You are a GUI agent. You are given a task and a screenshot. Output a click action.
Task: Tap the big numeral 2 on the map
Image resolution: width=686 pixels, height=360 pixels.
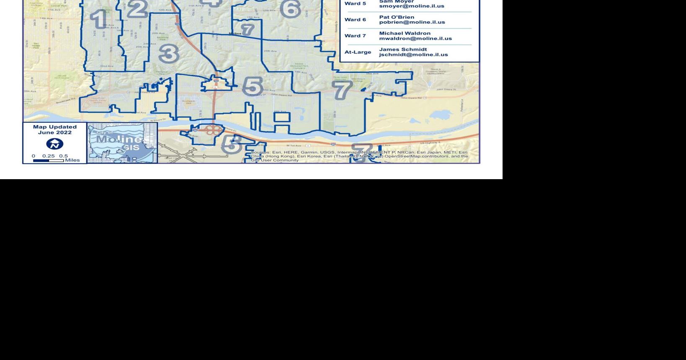137,9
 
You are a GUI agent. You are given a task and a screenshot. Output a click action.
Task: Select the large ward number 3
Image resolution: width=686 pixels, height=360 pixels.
169,54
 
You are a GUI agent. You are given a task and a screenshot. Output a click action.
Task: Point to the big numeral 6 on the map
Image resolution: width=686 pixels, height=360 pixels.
290,9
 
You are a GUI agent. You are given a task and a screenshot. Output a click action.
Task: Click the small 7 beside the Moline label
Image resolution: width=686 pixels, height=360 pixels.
248,30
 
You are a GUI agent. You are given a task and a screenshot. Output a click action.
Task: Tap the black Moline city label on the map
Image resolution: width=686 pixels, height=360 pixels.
235,33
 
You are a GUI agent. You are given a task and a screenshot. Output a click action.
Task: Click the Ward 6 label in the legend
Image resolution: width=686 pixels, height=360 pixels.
355,20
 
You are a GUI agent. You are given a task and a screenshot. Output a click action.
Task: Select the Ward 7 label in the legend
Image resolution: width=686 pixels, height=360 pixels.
355,36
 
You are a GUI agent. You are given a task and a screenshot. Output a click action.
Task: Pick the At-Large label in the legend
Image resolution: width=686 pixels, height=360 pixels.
358,52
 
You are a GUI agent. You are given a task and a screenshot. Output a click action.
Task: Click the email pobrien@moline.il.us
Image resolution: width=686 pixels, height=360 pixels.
412,23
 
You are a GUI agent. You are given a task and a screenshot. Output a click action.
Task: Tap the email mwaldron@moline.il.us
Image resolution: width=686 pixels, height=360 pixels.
415,39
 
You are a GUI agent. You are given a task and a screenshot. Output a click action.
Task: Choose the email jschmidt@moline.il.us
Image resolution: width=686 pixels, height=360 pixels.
413,54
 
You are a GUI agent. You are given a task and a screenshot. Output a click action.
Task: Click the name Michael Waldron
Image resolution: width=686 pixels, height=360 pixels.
405,33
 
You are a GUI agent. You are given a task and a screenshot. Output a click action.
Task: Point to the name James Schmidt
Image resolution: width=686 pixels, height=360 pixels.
403,49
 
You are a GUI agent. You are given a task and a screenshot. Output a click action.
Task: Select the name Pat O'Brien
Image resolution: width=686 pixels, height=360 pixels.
396,17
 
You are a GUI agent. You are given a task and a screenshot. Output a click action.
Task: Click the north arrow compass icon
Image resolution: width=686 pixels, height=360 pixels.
54,144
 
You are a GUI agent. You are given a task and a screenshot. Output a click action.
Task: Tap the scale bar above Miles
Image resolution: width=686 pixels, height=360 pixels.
49,160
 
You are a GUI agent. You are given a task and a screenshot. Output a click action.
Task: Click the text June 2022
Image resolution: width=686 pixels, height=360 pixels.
55,133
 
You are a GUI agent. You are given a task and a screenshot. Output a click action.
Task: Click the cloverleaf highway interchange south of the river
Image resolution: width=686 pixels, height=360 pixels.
213,130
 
